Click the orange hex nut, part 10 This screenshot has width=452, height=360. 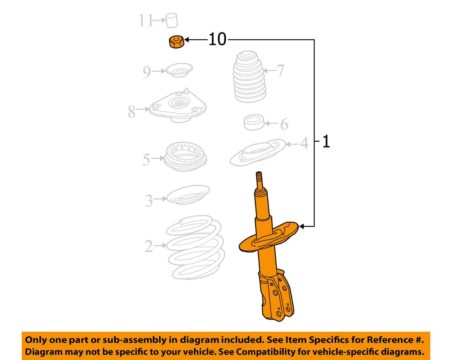click(177, 42)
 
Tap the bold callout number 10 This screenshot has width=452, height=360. click(217, 39)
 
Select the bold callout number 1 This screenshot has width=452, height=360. click(326, 141)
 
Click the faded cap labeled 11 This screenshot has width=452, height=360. click(172, 20)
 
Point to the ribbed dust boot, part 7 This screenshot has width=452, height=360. click(249, 76)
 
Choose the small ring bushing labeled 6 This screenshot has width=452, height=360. click(254, 122)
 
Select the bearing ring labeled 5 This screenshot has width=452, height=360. click(185, 156)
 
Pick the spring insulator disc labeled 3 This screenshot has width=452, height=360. click(188, 195)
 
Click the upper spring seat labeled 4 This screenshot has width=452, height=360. click(258, 153)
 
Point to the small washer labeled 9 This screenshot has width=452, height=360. click(179, 70)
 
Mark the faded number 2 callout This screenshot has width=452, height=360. click(149, 246)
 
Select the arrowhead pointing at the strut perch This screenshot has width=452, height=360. click(301, 226)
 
